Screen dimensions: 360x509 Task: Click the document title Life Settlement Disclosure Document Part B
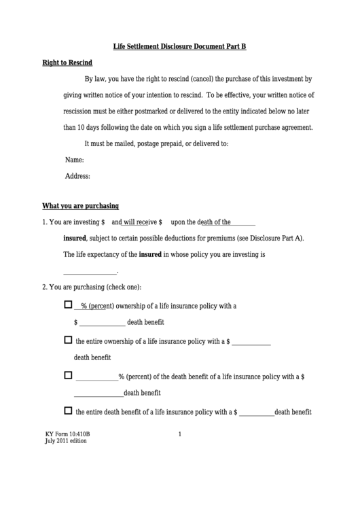point(179,46)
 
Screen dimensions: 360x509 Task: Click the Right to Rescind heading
point(67,63)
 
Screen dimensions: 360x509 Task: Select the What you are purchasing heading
point(81,205)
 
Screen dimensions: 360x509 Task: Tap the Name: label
point(74,160)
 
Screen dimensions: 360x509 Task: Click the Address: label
point(77,176)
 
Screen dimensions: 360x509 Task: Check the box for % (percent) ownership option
point(68,305)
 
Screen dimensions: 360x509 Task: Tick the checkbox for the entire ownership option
point(68,340)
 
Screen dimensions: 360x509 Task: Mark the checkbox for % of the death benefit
point(68,375)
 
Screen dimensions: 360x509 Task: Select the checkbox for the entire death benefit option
point(68,410)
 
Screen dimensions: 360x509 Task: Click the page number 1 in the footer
point(179,434)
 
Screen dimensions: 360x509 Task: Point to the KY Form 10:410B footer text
point(67,434)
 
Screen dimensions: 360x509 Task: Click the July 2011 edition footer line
point(66,441)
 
